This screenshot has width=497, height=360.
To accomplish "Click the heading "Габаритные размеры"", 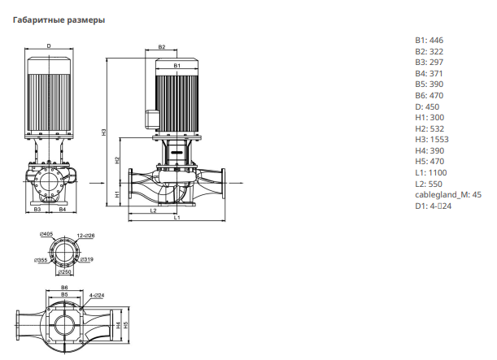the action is click(59, 20).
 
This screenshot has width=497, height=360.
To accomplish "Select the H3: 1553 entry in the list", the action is click(432, 139).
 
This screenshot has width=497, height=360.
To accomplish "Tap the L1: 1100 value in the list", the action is click(431, 172).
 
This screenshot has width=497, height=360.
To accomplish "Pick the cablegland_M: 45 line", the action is click(448, 194).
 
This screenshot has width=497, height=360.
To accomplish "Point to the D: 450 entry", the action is click(427, 106).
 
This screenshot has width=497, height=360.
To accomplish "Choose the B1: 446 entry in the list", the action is click(429, 40).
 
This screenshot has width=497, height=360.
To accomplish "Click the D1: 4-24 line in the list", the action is click(433, 206).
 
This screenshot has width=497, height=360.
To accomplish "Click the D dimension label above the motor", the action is click(49, 46).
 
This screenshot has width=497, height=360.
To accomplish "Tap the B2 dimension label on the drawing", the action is click(162, 47).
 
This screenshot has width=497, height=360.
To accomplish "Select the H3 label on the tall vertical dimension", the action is click(103, 132).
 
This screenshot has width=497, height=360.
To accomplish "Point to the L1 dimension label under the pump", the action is click(177, 218).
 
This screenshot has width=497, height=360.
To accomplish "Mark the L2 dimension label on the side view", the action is click(153, 210).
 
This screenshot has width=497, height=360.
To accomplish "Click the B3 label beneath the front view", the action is click(37, 210).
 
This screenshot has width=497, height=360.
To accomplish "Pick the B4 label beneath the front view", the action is click(63, 210).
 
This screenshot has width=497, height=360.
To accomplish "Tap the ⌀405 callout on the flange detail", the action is click(46, 234).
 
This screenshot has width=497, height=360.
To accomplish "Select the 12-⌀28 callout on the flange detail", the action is click(85, 236).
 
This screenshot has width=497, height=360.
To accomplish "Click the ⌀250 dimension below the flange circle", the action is click(64, 272).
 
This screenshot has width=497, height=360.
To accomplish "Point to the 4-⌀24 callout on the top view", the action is click(97, 296).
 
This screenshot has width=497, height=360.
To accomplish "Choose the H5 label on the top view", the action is click(126, 325).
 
